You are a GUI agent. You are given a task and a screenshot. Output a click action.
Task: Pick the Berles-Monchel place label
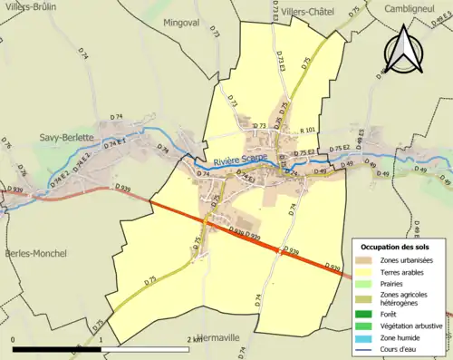pos(34,253)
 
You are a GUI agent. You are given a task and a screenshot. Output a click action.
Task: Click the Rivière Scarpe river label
pos(241,161)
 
